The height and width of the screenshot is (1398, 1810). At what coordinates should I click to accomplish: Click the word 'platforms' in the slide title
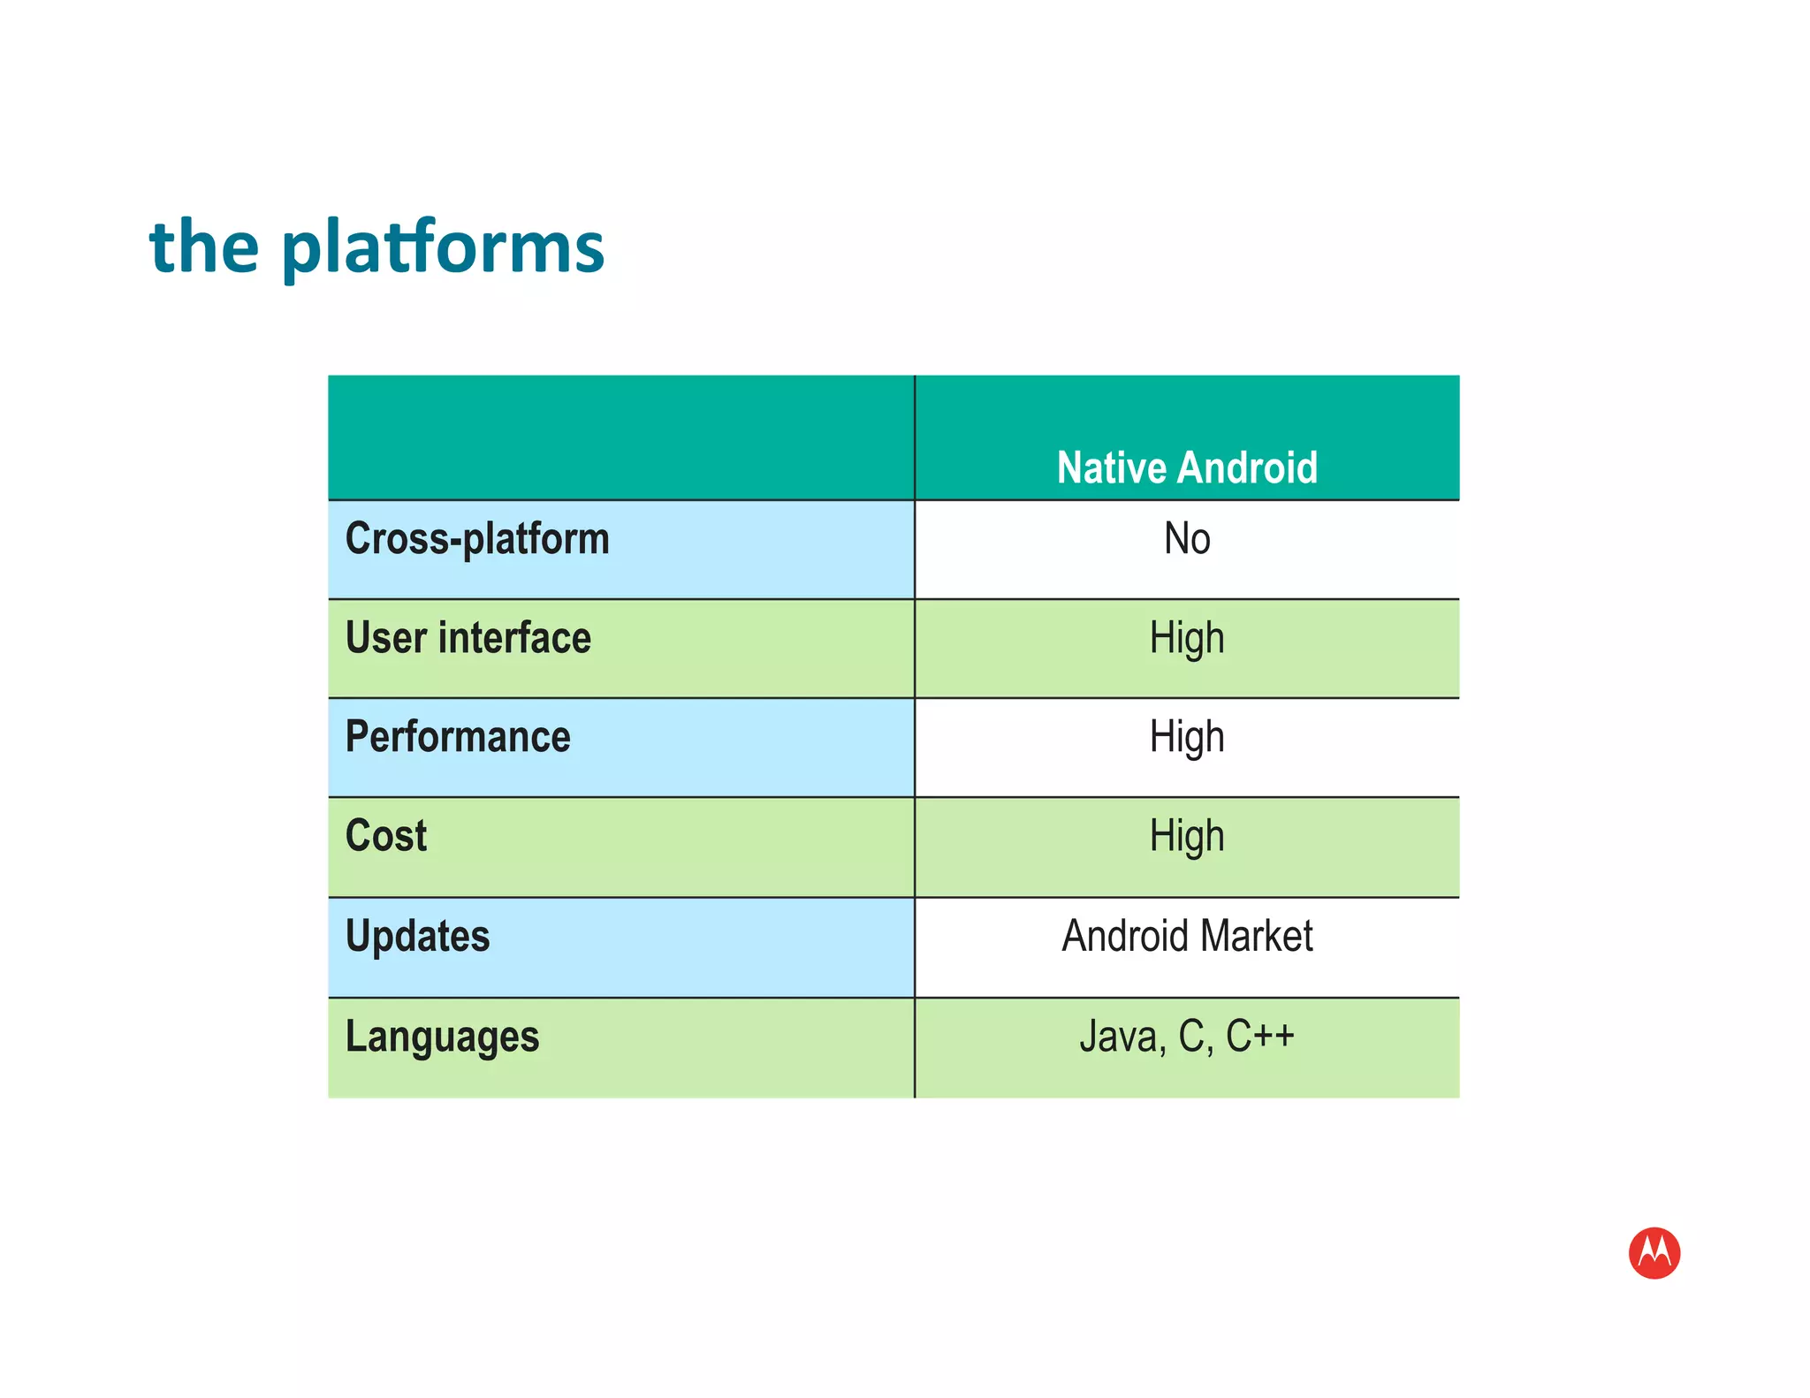(443, 247)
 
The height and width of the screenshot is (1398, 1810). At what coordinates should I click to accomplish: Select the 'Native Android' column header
(1186, 467)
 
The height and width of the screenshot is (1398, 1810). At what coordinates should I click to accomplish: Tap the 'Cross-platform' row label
(477, 539)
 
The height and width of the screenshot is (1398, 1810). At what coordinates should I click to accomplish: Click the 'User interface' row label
(468, 638)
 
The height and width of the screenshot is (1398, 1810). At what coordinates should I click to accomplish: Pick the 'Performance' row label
(458, 737)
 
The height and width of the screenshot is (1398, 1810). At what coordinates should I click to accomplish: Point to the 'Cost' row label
(386, 836)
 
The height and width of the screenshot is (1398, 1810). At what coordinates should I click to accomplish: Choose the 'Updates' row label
(417, 937)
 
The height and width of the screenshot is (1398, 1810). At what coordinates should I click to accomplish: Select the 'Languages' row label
(442, 1037)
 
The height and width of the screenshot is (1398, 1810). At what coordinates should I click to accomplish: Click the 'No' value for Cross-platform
(1186, 539)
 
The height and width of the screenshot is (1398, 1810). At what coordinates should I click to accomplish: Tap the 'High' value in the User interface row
(1186, 638)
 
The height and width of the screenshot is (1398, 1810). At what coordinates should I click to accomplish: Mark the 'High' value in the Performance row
(1186, 737)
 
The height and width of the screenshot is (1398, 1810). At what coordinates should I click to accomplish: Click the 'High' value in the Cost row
(1186, 836)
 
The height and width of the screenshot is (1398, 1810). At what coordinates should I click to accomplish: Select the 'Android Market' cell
(1186, 936)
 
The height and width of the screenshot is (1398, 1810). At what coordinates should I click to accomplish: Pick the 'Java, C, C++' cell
(1186, 1037)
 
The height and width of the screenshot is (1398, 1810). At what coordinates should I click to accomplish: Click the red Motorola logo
(1654, 1252)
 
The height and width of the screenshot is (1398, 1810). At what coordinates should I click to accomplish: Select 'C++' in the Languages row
(1259, 1036)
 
